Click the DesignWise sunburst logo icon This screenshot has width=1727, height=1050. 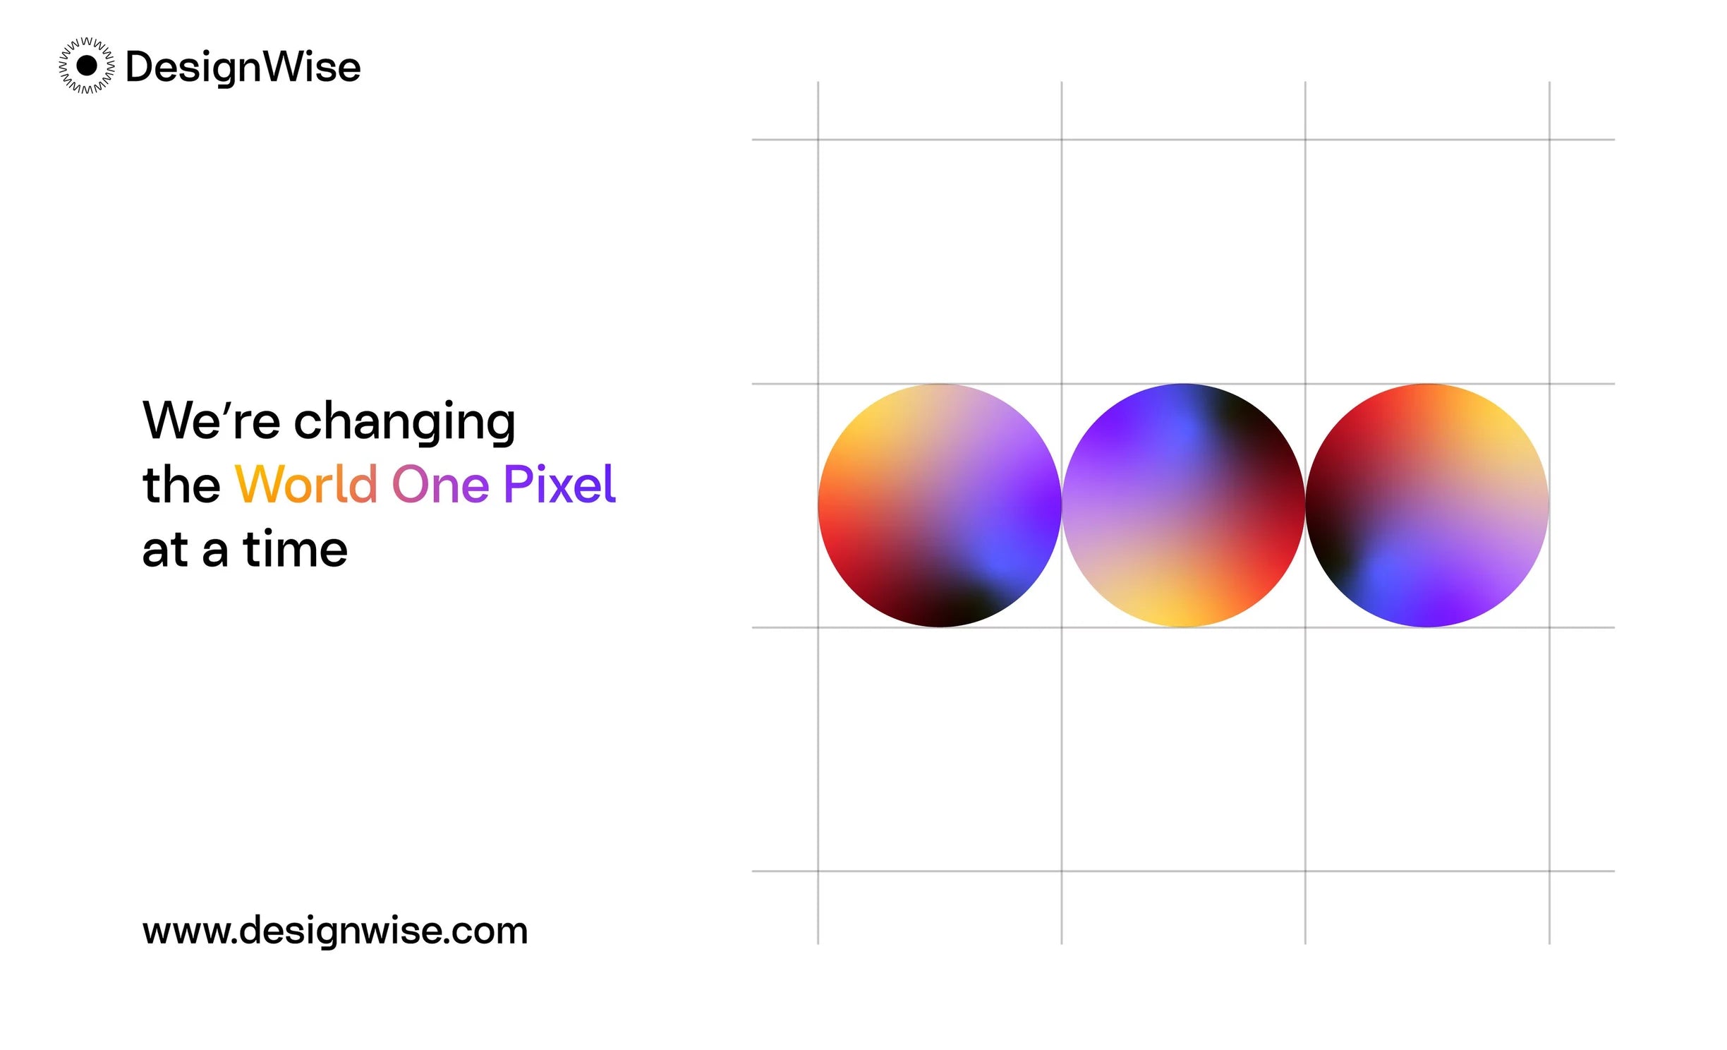point(86,66)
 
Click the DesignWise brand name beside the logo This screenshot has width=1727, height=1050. point(243,68)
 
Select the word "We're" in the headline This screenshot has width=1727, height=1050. point(212,420)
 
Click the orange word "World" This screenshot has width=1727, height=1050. point(305,484)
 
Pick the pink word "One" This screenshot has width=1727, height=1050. point(440,485)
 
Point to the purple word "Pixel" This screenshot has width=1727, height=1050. point(560,484)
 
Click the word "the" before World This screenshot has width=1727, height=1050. point(181,484)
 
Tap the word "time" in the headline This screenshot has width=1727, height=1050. point(296,549)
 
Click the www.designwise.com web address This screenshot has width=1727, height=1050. point(335,931)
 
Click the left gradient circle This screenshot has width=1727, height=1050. point(940,505)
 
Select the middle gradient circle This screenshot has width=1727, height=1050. point(1183,505)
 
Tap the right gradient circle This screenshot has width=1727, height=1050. point(1427,505)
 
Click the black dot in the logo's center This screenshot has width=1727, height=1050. point(86,66)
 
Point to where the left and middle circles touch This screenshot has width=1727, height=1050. point(1062,505)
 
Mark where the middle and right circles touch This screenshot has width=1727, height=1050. point(1305,505)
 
